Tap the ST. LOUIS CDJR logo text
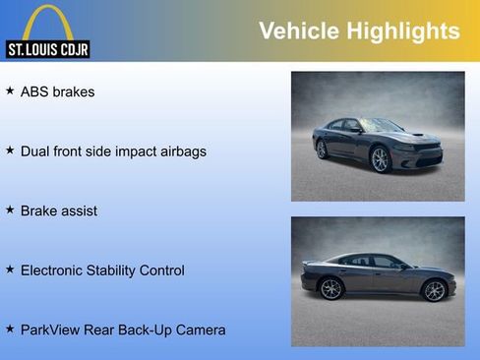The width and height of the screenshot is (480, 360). click(x=46, y=48)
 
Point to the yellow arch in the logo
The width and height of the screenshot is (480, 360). click(x=46, y=22)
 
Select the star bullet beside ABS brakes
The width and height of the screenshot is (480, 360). click(x=10, y=91)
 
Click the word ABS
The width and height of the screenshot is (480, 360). click(x=35, y=92)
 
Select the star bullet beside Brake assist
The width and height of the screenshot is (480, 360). click(x=10, y=210)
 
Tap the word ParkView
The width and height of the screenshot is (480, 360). click(x=51, y=330)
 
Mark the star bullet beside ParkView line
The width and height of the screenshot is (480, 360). click(x=10, y=329)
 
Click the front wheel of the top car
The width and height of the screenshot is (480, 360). click(x=380, y=160)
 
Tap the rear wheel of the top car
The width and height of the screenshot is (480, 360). click(x=322, y=150)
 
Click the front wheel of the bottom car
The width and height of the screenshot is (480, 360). click(x=434, y=290)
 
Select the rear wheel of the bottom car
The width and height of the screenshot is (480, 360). click(x=331, y=289)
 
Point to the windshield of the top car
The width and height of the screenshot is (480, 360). click(x=380, y=126)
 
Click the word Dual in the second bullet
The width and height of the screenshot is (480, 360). click(x=36, y=151)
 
